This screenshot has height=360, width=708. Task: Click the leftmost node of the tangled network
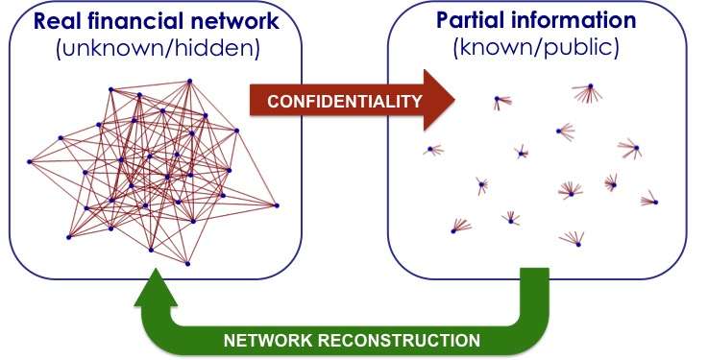30,161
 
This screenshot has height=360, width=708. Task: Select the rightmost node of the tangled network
277,204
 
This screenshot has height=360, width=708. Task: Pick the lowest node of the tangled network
187,263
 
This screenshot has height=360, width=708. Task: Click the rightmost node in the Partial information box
656,204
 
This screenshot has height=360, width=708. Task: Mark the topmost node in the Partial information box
587,89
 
